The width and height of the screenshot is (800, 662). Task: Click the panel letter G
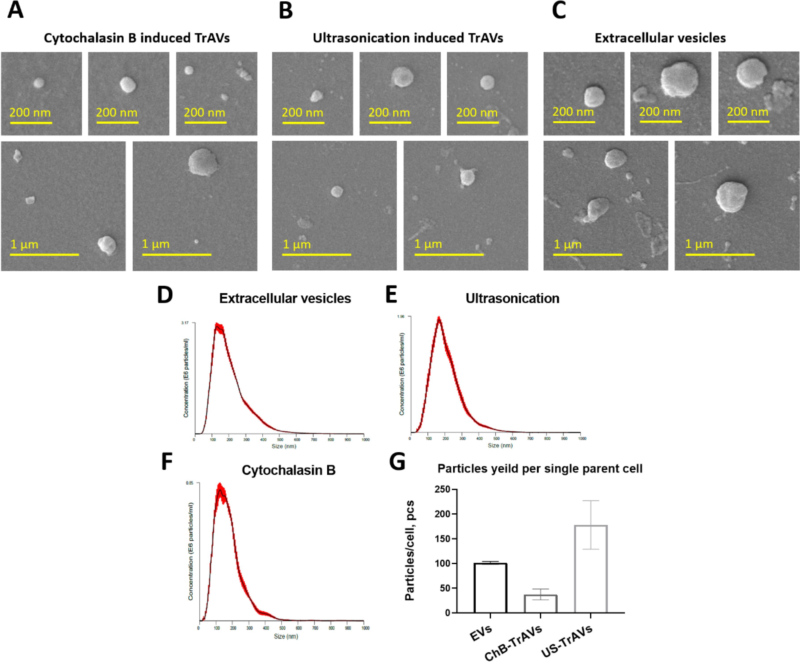397,462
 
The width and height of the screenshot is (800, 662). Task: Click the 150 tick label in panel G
442,539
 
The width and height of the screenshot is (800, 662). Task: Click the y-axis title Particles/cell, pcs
410,551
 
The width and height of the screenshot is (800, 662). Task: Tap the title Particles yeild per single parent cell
540,468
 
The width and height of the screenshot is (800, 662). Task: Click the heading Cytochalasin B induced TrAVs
137,38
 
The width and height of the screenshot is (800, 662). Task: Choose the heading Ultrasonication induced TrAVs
408,38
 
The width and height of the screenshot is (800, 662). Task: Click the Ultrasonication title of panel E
512,298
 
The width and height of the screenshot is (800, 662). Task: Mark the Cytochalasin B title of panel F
288,470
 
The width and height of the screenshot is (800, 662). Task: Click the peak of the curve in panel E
439,317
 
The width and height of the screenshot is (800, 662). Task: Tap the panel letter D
165,295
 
